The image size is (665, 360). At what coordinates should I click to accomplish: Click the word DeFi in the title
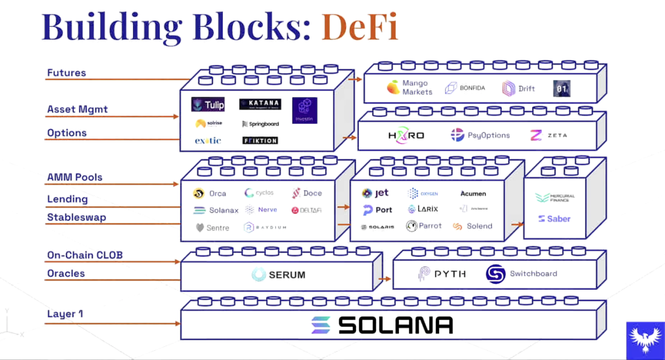coord(359,26)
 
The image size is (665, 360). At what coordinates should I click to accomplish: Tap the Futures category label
coord(66,73)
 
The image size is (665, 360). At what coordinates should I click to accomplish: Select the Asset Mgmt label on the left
coord(77,110)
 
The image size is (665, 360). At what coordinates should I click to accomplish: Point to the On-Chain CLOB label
coord(89,255)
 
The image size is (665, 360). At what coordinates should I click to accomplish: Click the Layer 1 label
coord(65,314)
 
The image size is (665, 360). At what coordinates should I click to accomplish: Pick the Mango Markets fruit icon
coord(393,87)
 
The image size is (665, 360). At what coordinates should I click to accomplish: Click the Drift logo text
coord(526,88)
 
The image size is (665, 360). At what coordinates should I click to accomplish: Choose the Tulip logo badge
coord(208,105)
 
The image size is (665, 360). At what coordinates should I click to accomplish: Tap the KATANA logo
coord(260,104)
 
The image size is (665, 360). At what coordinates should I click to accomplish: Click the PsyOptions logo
coord(480,135)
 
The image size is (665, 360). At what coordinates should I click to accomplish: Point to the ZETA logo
coord(549,135)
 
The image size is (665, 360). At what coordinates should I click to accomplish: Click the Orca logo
coord(209,193)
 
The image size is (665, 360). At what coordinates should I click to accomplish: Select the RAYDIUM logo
coord(265,228)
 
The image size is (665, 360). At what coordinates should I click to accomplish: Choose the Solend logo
coord(472,226)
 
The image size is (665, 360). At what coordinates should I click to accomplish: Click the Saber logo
coord(554,218)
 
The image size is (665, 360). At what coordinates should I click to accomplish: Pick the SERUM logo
coord(278,274)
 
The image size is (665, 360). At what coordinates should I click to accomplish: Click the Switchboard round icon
coord(496,274)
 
